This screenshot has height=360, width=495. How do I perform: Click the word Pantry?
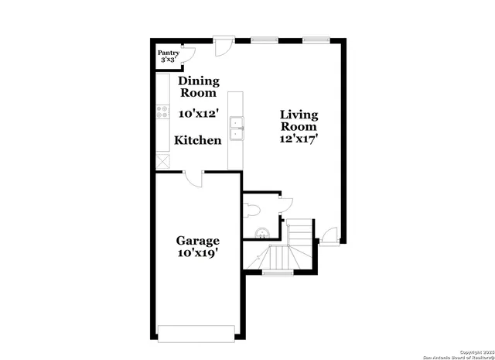tap(169, 53)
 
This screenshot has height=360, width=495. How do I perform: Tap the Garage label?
tap(198, 241)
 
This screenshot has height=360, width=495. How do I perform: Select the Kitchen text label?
tap(198, 140)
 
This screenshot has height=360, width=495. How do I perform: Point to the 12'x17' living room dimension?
tap(299, 139)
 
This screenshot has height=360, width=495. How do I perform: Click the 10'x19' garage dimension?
tap(198, 253)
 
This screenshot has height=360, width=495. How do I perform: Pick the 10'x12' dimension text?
tap(198, 113)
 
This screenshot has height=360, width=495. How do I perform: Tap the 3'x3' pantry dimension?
tap(169, 60)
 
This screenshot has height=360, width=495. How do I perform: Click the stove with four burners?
tap(162, 112)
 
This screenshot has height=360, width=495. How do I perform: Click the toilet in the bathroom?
tap(251, 208)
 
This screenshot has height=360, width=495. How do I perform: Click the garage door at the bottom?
tap(196, 332)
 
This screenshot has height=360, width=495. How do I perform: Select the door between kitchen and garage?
tap(193, 177)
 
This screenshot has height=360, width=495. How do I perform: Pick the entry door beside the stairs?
tap(329, 235)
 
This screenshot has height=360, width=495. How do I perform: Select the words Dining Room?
tap(199, 87)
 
